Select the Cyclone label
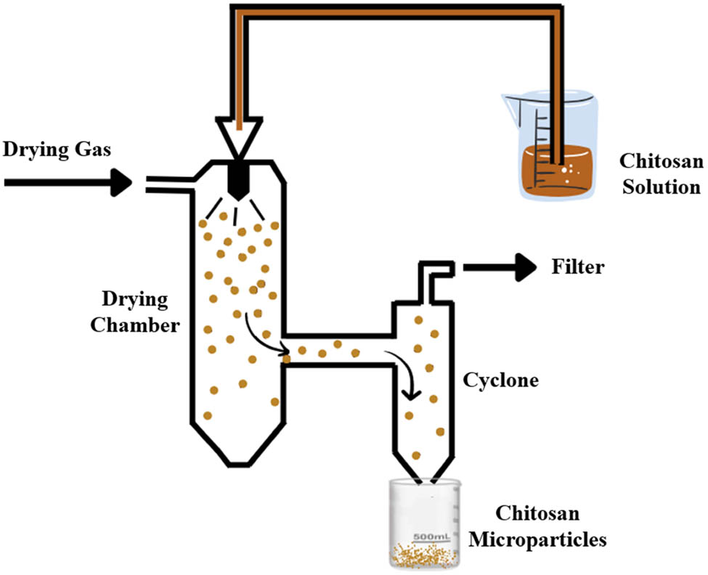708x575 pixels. tap(501, 379)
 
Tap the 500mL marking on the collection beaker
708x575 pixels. tap(433, 537)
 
